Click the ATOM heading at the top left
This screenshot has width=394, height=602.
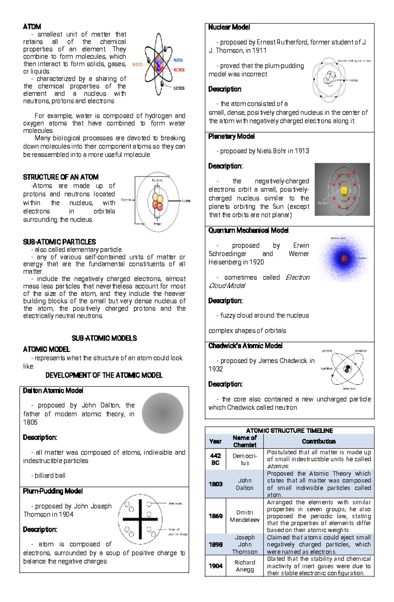coord(32,27)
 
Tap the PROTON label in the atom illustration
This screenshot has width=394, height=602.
coord(178,60)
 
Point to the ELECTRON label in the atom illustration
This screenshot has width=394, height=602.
coord(179,88)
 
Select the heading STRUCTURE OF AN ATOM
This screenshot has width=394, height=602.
coord(61,177)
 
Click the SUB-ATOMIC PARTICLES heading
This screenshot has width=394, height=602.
coord(59,242)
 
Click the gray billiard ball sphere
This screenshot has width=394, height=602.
coord(163,413)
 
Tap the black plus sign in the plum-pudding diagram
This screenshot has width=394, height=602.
coord(140,519)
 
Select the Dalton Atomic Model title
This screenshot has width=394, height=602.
coord(53,391)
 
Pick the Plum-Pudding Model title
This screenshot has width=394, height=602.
coord(53,491)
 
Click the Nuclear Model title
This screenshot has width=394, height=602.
coord(229,27)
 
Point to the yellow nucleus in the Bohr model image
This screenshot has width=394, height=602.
coord(344,191)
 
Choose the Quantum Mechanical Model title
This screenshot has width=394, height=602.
coord(248,230)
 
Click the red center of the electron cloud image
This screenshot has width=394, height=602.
coord(344,258)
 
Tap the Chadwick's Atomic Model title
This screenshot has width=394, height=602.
coord(245,346)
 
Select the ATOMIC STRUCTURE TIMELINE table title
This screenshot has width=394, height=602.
coord(289,430)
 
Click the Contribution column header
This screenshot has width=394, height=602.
coord(318,441)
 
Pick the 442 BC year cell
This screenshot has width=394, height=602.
coord(215,459)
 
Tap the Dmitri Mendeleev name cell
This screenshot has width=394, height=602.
coord(245,516)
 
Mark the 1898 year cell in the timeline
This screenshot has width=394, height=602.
coord(215,545)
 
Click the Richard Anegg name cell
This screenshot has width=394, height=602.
coord(245,566)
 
